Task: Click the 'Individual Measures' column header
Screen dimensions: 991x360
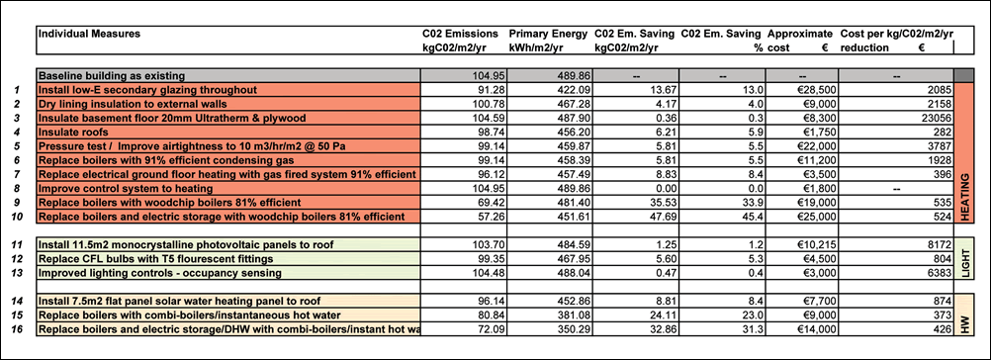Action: coord(90,34)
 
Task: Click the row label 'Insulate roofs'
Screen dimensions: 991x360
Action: coord(73,133)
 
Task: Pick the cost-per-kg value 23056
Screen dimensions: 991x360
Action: coord(936,118)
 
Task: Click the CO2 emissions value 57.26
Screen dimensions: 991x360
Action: coord(488,217)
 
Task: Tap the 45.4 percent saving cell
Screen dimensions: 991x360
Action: coord(753,217)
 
